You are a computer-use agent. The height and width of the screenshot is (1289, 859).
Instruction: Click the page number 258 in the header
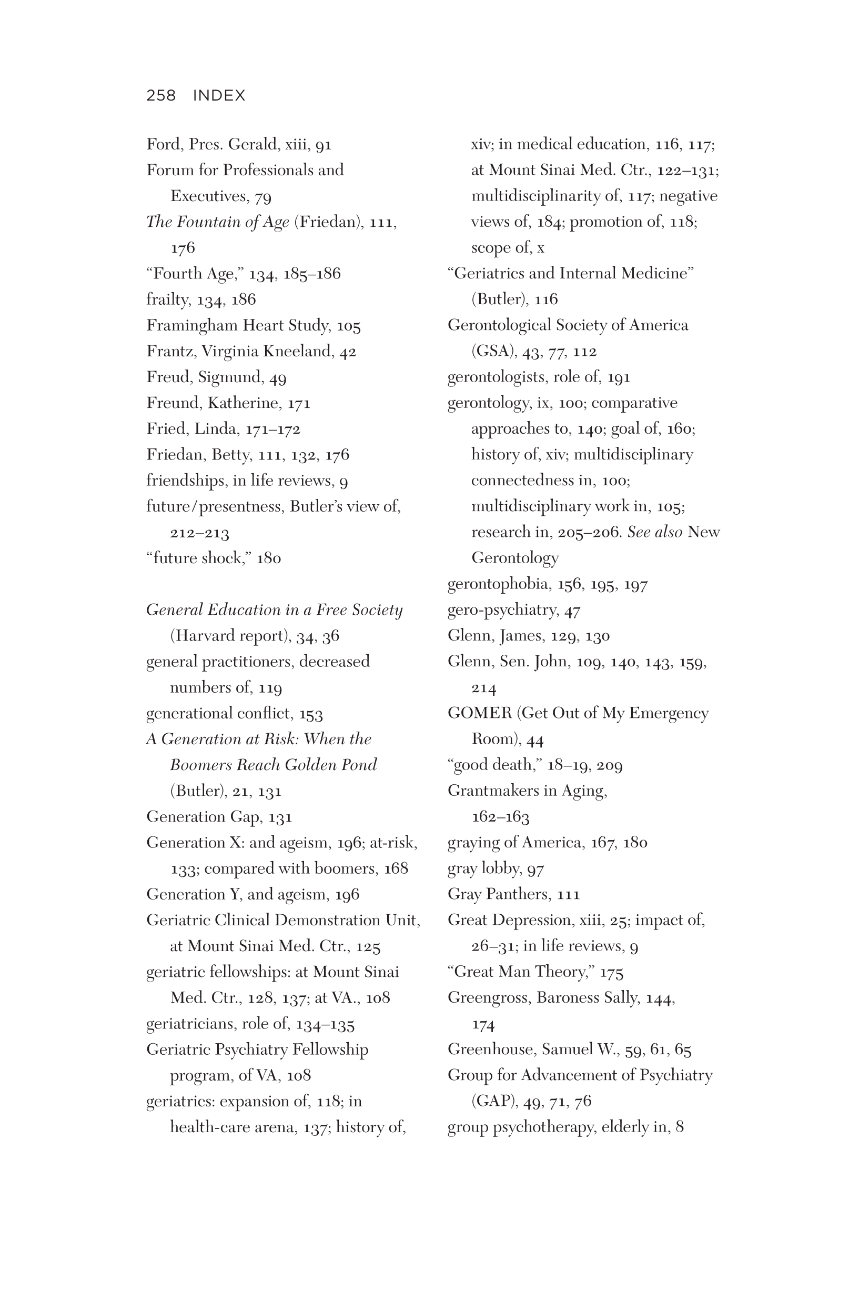pos(160,95)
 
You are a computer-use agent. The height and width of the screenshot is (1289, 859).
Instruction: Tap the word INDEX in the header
pos(219,95)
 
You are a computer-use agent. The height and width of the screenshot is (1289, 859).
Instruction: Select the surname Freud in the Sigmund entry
pos(167,377)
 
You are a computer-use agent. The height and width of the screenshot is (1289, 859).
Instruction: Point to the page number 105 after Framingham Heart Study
pos(348,327)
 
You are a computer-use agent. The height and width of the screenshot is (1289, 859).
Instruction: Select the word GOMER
pos(479,713)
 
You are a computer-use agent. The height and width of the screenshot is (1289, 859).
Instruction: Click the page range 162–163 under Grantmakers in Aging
pos(500,817)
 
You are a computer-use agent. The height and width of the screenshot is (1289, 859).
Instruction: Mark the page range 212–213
pos(199,533)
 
